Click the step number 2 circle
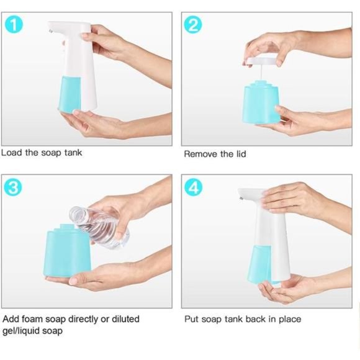[x=194, y=25]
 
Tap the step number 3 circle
[x=14, y=187]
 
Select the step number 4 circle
[x=194, y=187]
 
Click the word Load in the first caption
[x=12, y=152]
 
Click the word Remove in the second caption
[x=200, y=153]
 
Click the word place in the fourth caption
[x=289, y=319]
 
